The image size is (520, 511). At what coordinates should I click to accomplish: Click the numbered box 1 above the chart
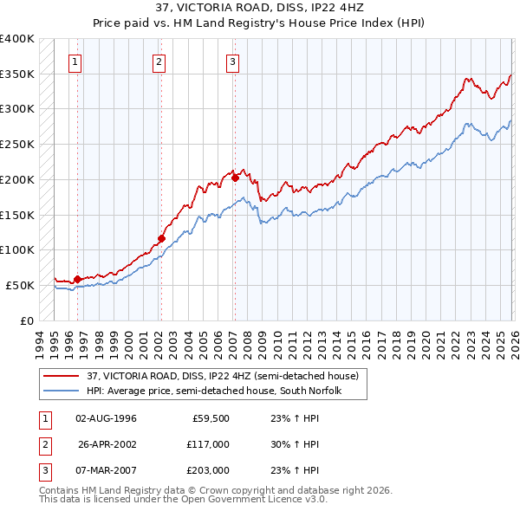[x=76, y=61]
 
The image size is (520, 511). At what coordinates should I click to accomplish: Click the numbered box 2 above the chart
[x=159, y=61]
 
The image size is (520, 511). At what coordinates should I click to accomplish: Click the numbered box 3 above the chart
[x=233, y=61]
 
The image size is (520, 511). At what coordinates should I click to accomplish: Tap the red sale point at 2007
[x=235, y=178]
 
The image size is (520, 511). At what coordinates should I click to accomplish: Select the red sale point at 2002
[x=161, y=238]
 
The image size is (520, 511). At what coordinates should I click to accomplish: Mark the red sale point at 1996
[x=77, y=279]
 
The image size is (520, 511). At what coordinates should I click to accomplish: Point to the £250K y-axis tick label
[x=17, y=145]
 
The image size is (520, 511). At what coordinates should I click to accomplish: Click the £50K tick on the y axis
[x=20, y=285]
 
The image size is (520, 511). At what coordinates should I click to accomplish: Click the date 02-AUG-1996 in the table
[x=106, y=418]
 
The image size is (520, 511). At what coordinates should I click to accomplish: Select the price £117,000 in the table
[x=208, y=444]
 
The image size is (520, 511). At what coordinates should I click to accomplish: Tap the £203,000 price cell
[x=208, y=470]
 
